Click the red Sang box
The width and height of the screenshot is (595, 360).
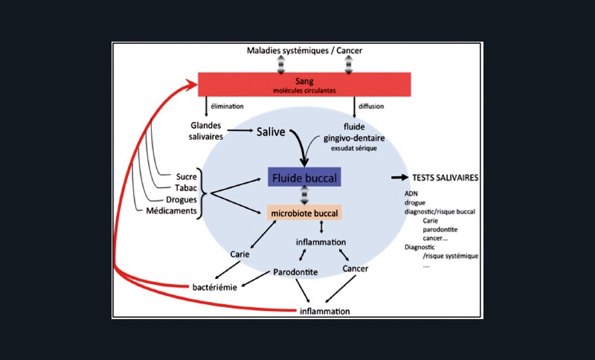click(305, 84)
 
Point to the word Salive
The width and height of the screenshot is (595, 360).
click(273, 131)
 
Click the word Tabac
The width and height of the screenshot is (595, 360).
click(185, 188)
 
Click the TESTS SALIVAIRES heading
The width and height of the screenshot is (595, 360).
click(444, 179)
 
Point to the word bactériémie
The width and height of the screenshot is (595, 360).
click(214, 286)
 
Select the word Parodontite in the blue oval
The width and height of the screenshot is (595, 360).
click(295, 272)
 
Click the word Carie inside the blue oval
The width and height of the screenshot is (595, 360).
click(239, 254)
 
